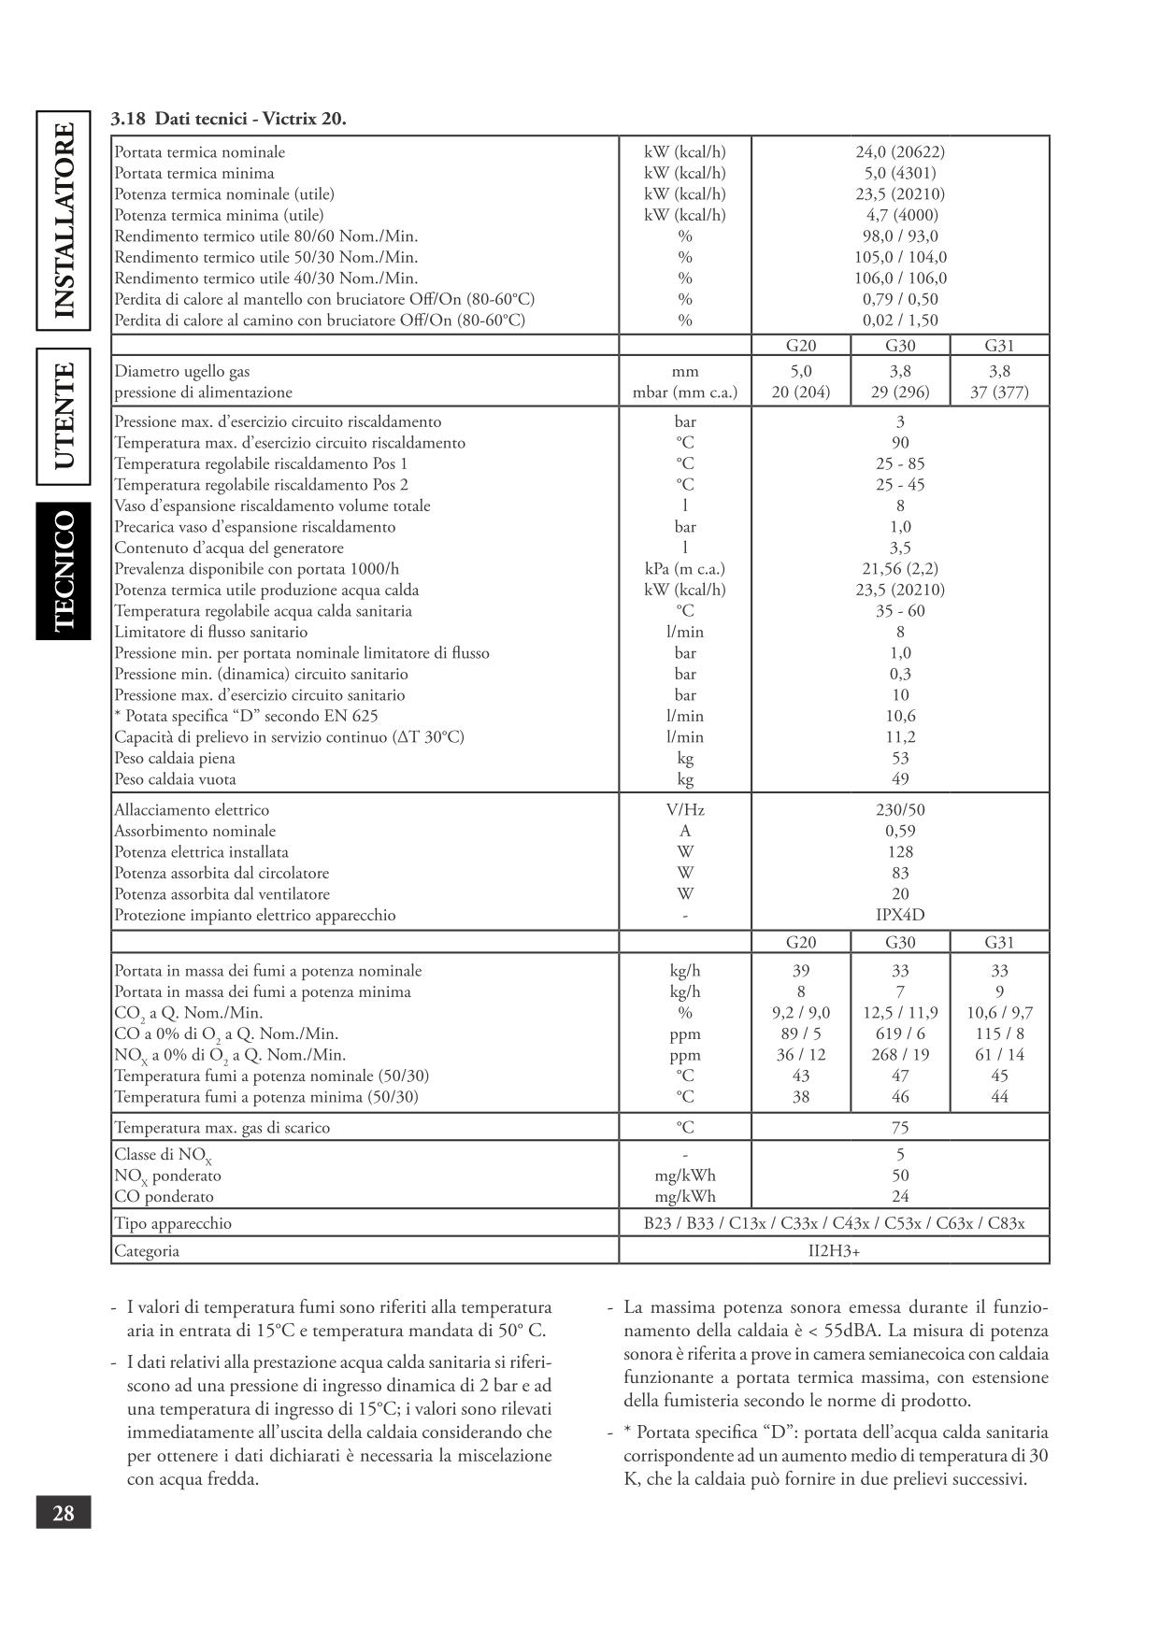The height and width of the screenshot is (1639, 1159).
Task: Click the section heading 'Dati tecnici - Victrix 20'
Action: (228, 119)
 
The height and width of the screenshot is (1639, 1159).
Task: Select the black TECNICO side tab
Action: (64, 571)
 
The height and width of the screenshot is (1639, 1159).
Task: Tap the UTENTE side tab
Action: (64, 416)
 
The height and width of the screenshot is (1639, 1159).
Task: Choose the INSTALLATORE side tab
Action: (64, 221)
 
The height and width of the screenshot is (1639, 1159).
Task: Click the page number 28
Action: (64, 1511)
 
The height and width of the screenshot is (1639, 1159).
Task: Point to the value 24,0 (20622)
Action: (899, 151)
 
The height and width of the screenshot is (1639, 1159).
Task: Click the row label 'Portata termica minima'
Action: (194, 173)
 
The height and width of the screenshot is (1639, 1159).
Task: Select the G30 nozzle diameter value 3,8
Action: (899, 371)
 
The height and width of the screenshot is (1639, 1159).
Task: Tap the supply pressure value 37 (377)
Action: (998, 392)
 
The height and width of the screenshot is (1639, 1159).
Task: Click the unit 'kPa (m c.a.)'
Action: (684, 568)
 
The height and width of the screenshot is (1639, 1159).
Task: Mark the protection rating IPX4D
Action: (899, 915)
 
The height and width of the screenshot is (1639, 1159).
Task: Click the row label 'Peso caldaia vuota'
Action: (175, 779)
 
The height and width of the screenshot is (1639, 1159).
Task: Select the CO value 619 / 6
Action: (899, 1033)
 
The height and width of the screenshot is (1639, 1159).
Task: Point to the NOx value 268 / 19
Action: (899, 1055)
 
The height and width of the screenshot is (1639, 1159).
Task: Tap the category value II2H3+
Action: (834, 1250)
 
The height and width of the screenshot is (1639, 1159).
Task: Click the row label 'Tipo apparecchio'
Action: (173, 1223)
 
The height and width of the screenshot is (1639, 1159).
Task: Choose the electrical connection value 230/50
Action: (899, 810)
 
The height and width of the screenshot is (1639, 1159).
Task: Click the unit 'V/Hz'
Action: (684, 810)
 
